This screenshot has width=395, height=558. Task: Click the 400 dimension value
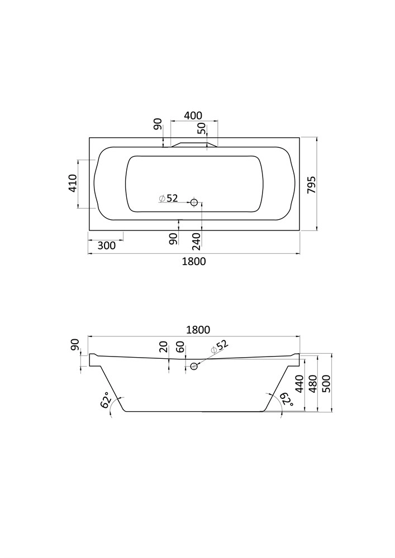click(x=193, y=116)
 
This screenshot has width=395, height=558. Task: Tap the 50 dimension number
click(x=202, y=128)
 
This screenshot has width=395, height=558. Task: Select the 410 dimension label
click(x=73, y=183)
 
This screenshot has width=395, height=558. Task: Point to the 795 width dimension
click(x=311, y=185)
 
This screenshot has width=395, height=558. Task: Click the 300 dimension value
click(x=106, y=246)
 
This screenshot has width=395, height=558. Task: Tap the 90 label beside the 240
click(x=173, y=239)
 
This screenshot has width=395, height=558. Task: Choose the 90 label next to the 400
click(x=158, y=124)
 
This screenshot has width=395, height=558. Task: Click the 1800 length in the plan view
click(x=194, y=262)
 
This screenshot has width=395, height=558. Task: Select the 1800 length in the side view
click(x=198, y=330)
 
